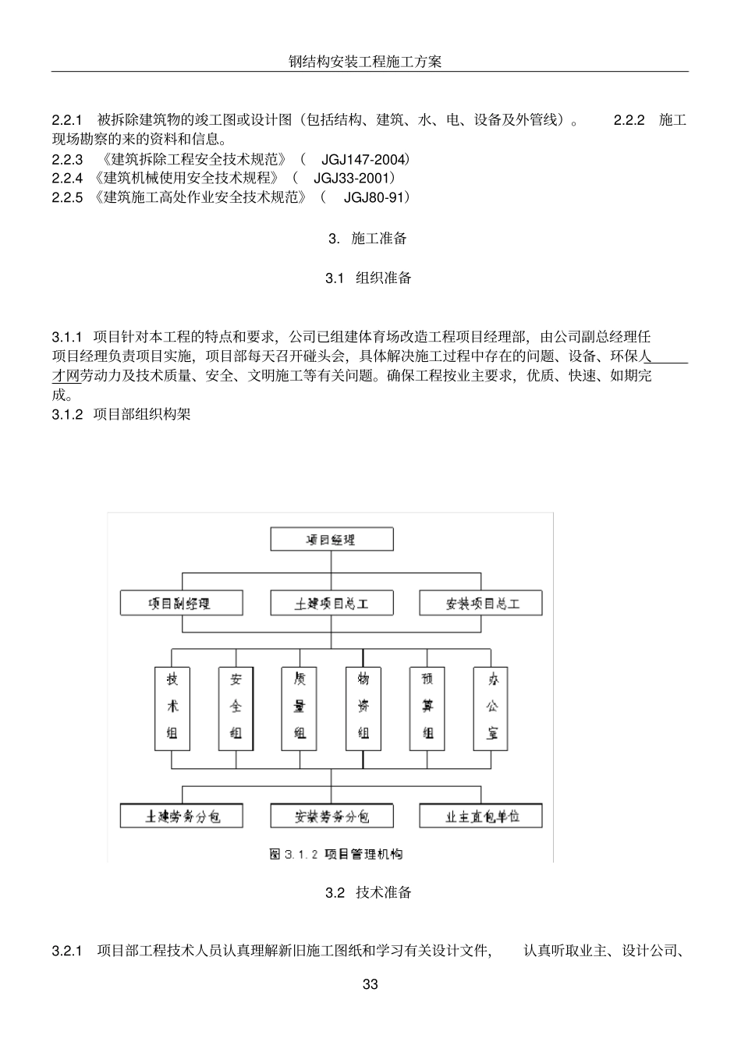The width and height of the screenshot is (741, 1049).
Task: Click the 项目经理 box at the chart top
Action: pyautogui.click(x=331, y=540)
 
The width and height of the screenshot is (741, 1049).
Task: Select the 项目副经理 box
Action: pyautogui.click(x=181, y=603)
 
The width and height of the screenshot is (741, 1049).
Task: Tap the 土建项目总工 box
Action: pyautogui.click(x=331, y=603)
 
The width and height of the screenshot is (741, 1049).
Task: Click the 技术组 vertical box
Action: pyautogui.click(x=172, y=707)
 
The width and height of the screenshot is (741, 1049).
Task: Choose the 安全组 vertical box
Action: pyautogui.click(x=236, y=707)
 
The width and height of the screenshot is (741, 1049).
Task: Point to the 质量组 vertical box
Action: pyautogui.click(x=300, y=707)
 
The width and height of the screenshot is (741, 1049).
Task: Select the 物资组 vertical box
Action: pyautogui.click(x=363, y=707)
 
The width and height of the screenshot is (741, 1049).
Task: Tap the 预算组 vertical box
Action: pyautogui.click(x=427, y=707)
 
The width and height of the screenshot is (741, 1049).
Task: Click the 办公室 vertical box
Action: pyautogui.click(x=491, y=707)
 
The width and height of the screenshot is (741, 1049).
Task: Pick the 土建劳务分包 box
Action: pyautogui.click(x=182, y=816)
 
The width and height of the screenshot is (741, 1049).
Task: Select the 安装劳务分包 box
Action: pyautogui.click(x=331, y=816)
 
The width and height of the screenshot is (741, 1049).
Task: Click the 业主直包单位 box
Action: pyautogui.click(x=481, y=816)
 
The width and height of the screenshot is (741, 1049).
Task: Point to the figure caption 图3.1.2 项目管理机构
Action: pyautogui.click(x=335, y=854)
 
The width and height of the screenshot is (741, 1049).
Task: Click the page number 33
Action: pyautogui.click(x=370, y=984)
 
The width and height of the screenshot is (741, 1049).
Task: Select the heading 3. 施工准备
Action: pyautogui.click(x=368, y=239)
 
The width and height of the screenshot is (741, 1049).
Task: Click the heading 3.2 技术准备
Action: pyautogui.click(x=368, y=893)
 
